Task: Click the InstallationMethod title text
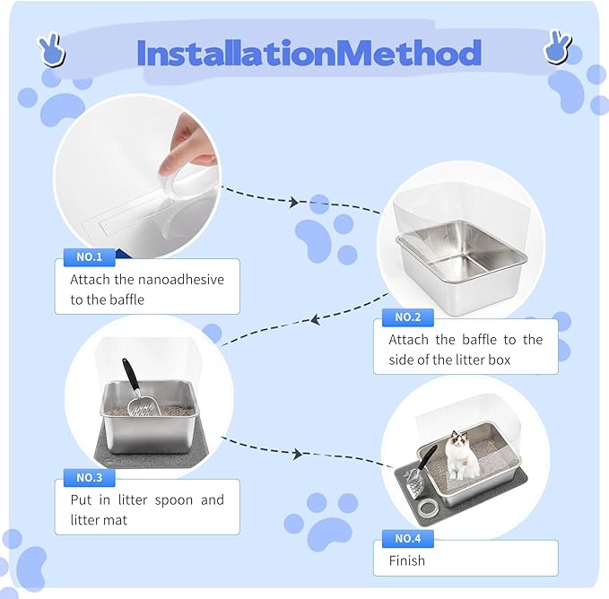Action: pyautogui.click(x=309, y=53)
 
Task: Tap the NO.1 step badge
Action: pyautogui.click(x=90, y=257)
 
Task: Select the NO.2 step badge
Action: pyautogui.click(x=408, y=317)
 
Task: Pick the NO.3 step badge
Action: pyautogui.click(x=90, y=477)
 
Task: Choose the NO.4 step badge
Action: pyautogui.click(x=408, y=538)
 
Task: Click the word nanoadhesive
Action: pyautogui.click(x=180, y=280)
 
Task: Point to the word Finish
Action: pyautogui.click(x=406, y=560)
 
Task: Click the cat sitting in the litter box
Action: pyautogui.click(x=461, y=455)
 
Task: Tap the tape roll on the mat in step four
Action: pyautogui.click(x=428, y=507)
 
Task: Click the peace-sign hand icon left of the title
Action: pyautogui.click(x=52, y=49)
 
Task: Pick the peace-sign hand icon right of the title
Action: pyautogui.click(x=558, y=47)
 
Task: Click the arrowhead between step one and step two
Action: pyautogui.click(x=294, y=202)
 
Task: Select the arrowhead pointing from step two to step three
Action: pyautogui.click(x=315, y=320)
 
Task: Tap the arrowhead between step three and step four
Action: pyautogui.click(x=298, y=454)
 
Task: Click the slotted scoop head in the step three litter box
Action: pyautogui.click(x=144, y=406)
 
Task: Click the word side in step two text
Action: pyautogui.click(x=401, y=360)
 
